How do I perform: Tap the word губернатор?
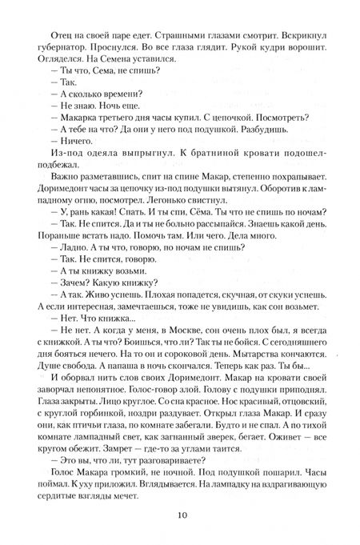click(x=55, y=50)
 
